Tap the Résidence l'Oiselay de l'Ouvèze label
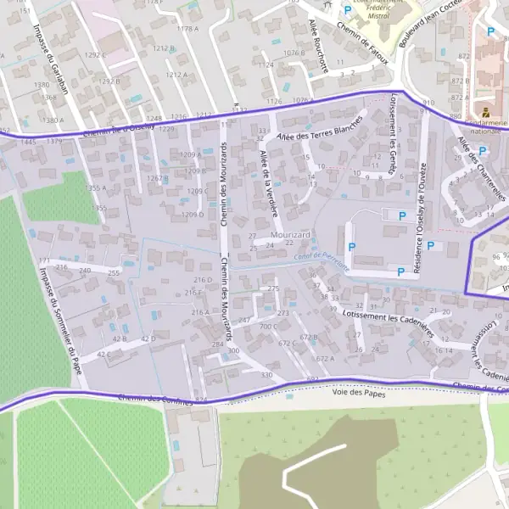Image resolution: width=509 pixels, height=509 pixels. click(419, 219)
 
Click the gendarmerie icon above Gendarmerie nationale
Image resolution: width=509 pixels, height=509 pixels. click(485, 111)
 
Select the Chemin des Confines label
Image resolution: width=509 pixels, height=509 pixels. click(156, 399)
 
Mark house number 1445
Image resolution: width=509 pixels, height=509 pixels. click(28, 142)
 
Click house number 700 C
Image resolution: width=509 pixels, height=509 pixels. click(269, 327)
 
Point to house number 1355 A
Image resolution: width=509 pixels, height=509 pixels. click(95, 187)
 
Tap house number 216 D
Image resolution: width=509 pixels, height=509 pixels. click(202, 279)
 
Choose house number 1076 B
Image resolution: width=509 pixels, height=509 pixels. click(294, 53)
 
